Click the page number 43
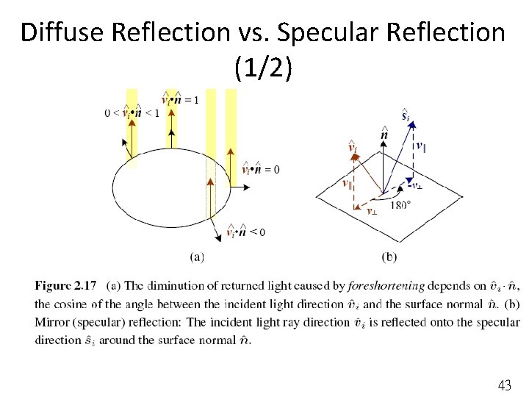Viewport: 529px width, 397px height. point(504,385)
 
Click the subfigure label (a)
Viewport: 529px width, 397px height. point(196,257)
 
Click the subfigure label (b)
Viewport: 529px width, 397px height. point(390,257)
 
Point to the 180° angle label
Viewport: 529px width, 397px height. point(400,204)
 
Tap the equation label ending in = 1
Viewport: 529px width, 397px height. point(179,99)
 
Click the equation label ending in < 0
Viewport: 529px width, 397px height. point(246,232)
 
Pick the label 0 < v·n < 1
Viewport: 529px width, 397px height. point(132,112)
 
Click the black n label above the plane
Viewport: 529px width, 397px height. point(384,134)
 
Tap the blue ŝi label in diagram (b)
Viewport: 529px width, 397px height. point(405,115)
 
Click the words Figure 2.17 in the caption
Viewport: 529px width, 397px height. point(65,286)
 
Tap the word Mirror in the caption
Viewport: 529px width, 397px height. point(52,322)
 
